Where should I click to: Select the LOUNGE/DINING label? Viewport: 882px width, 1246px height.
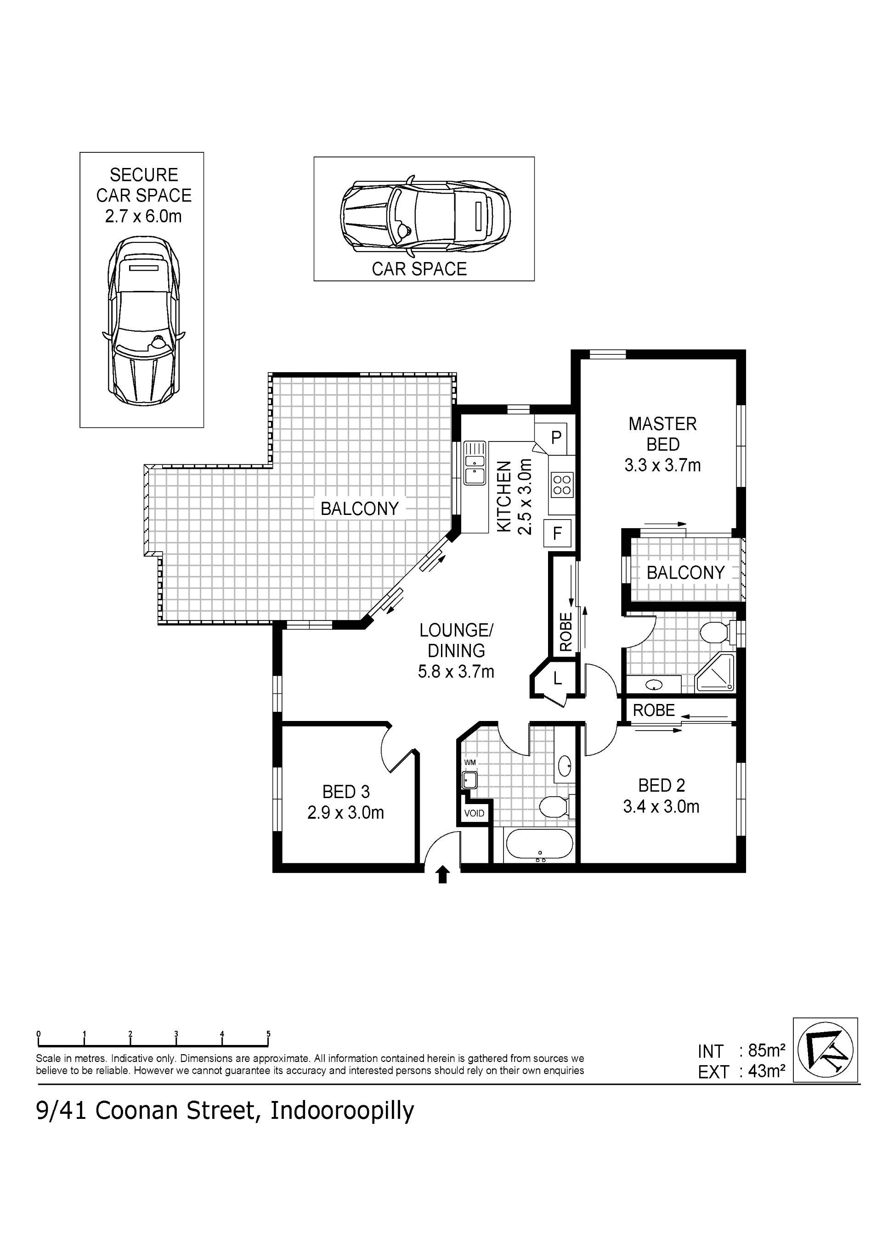point(456,651)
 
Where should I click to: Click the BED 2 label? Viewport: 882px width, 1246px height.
point(661,796)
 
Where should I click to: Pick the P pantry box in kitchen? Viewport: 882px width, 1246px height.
point(555,437)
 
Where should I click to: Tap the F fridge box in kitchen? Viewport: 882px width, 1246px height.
point(557,533)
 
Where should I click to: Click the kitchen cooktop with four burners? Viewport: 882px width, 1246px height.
point(561,485)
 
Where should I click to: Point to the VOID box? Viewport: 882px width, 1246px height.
point(474,814)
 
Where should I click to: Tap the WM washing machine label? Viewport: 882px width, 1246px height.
point(470,762)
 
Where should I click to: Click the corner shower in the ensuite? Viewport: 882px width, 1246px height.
point(715,673)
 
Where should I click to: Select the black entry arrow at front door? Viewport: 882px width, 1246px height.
point(443,874)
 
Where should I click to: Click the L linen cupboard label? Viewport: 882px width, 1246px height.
point(558,678)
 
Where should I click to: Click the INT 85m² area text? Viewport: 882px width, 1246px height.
point(741,1051)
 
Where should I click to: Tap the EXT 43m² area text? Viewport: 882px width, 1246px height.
point(741,1072)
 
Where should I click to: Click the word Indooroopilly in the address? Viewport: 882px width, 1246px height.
point(342,1112)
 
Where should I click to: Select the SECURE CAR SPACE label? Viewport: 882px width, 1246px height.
point(144,185)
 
